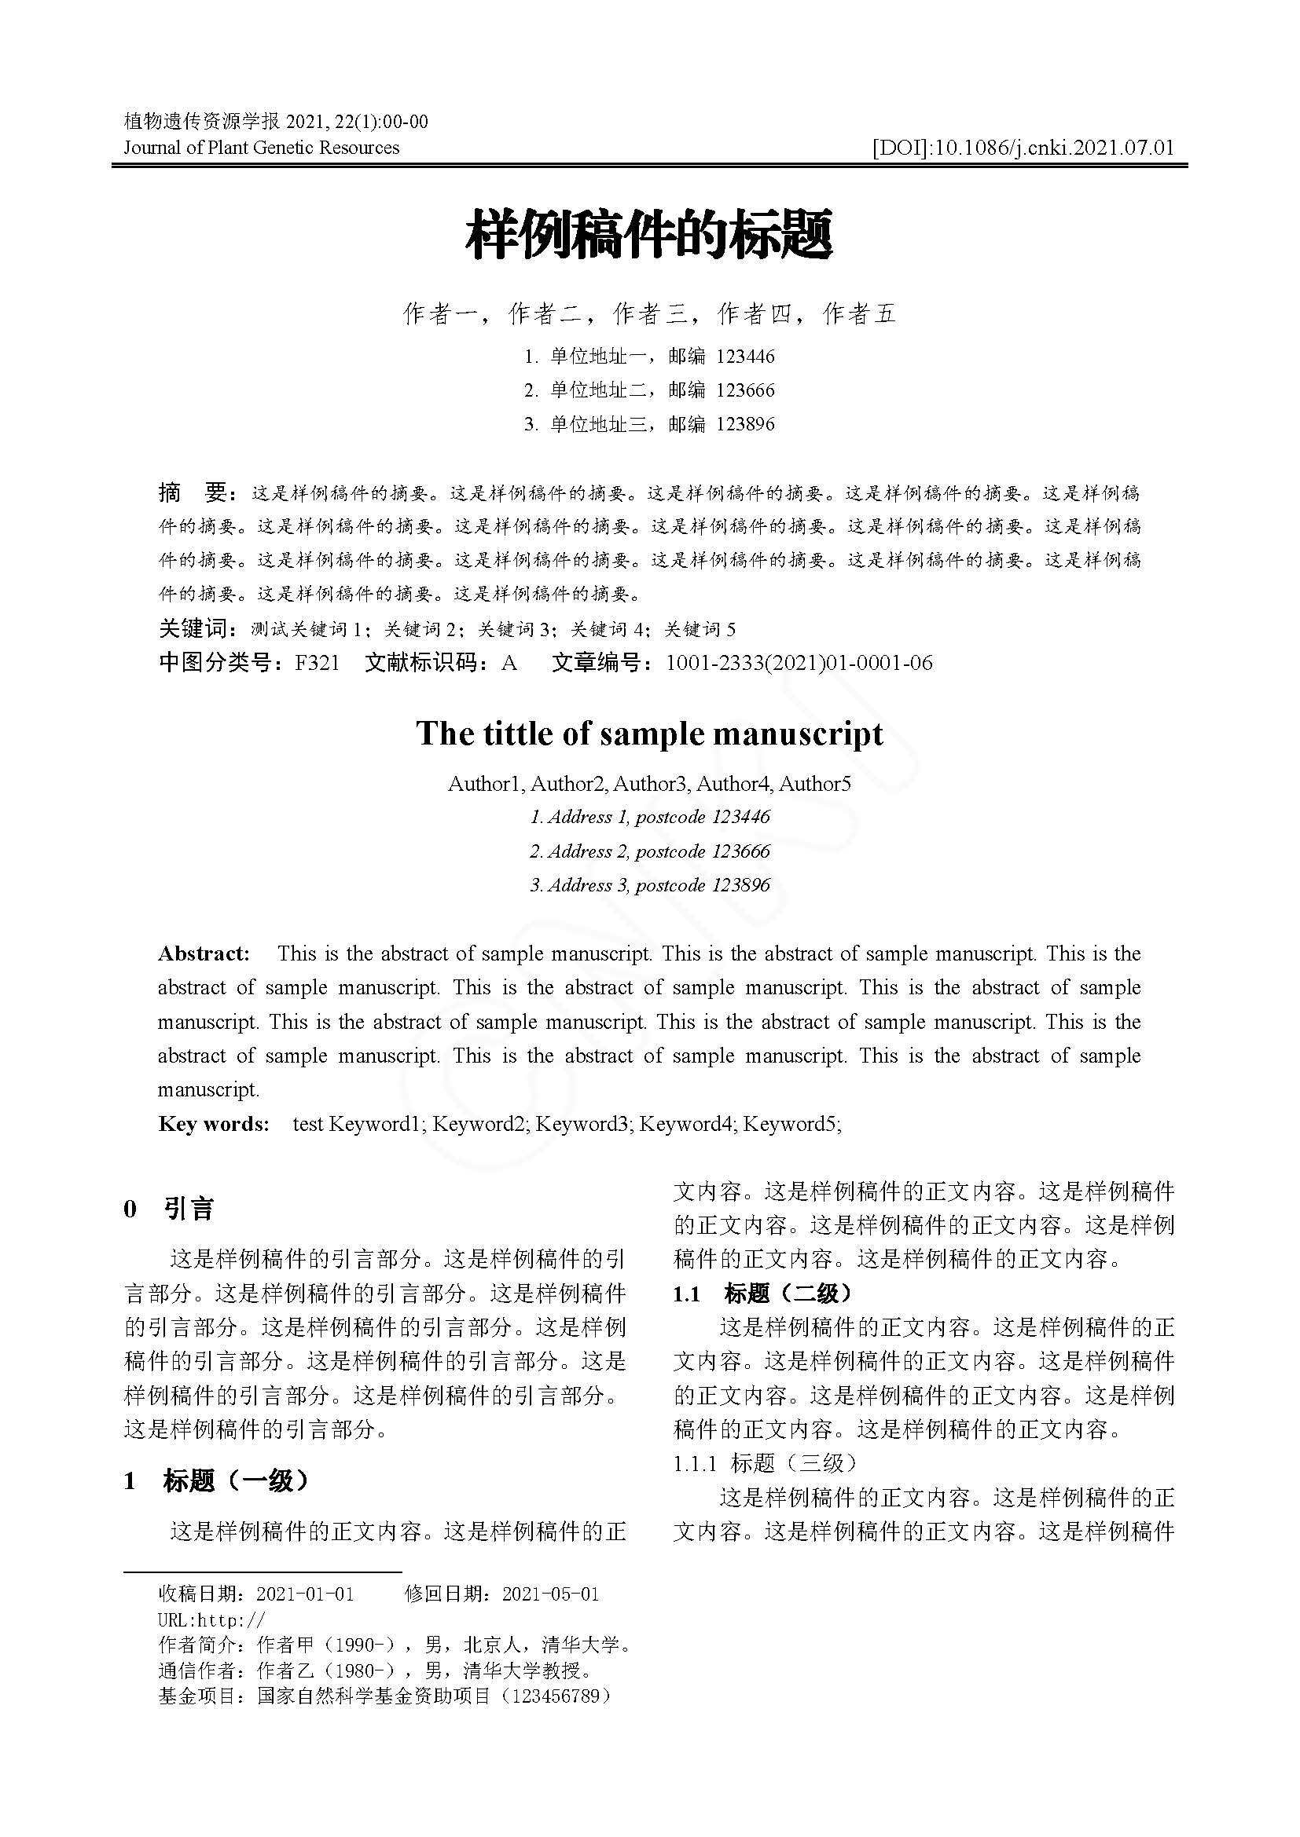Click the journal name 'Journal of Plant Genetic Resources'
(x=261, y=147)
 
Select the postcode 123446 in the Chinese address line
(x=745, y=356)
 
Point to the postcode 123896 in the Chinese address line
(x=745, y=424)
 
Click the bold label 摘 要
(x=194, y=493)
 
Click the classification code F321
(x=317, y=664)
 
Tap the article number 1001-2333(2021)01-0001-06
(x=799, y=664)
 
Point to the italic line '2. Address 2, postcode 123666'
(x=649, y=851)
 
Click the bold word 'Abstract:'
(x=204, y=953)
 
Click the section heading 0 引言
(x=169, y=1208)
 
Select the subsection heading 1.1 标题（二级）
(x=763, y=1294)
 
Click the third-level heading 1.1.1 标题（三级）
(x=765, y=1463)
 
